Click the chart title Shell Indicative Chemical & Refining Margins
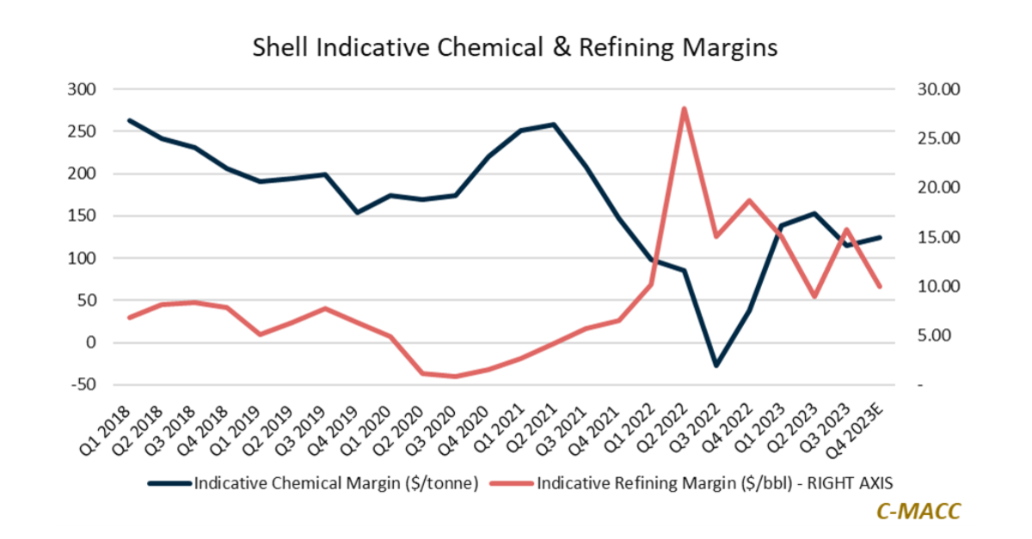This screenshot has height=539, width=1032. pyautogui.click(x=514, y=47)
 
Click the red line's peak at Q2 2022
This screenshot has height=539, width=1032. pyautogui.click(x=683, y=108)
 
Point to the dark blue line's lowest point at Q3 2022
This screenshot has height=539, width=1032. pyautogui.click(x=716, y=365)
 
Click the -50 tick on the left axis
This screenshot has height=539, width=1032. pyautogui.click(x=84, y=385)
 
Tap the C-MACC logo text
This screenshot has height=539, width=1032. pyautogui.click(x=918, y=510)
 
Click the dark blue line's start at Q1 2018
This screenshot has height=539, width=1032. pyautogui.click(x=129, y=120)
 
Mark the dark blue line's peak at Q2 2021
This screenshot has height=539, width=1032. pyautogui.click(x=553, y=125)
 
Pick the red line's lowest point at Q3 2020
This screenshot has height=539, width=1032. pyautogui.click(x=455, y=377)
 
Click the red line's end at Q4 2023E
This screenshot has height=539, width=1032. pyautogui.click(x=880, y=286)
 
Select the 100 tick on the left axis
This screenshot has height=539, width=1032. pyautogui.click(x=84, y=259)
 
